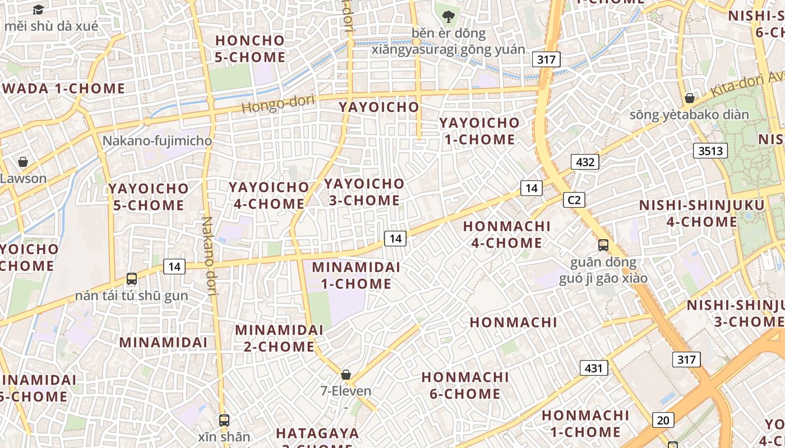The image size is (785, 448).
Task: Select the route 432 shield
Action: (x=585, y=162)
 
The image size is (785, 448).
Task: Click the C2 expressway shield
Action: (x=574, y=200)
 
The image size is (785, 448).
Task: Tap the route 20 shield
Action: (x=663, y=419)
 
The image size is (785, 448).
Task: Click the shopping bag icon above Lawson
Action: (x=23, y=162)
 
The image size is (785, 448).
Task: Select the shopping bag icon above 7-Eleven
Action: (x=346, y=375)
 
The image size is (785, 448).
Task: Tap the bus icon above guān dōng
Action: (x=603, y=245)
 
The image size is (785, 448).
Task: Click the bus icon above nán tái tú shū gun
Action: (x=132, y=278)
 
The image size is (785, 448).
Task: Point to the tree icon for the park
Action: (x=448, y=16)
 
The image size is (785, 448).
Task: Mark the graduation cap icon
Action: (x=38, y=10)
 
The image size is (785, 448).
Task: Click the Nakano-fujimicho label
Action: (x=157, y=141)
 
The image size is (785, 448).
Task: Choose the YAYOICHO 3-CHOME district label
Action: (x=364, y=192)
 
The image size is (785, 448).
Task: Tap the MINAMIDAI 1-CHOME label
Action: (x=356, y=275)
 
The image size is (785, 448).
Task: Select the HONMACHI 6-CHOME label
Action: (x=465, y=385)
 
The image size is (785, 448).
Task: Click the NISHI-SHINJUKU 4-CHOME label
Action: (x=701, y=213)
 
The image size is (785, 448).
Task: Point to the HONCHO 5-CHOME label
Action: (x=250, y=49)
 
